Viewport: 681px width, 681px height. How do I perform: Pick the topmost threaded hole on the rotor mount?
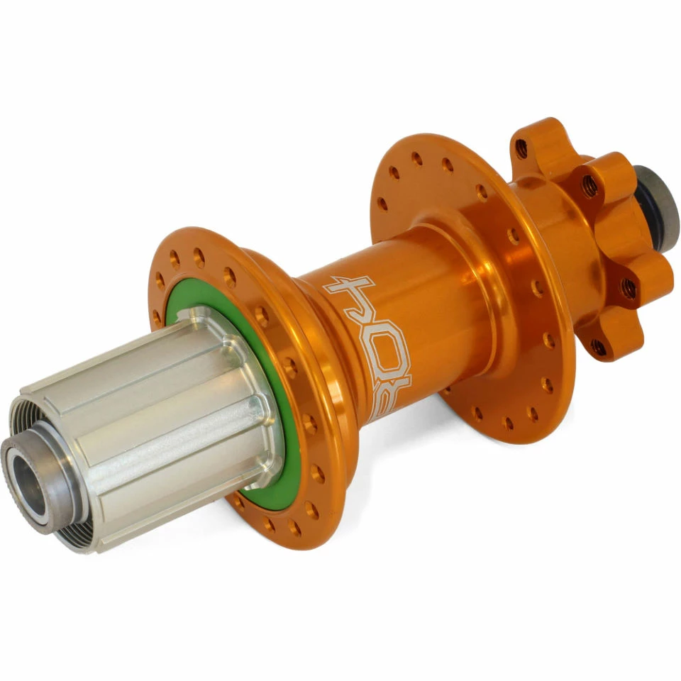pyautogui.click(x=521, y=148)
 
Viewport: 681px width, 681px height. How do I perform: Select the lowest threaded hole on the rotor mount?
pyautogui.click(x=599, y=347)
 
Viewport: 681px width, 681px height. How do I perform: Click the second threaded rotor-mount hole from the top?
pyautogui.click(x=589, y=186)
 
